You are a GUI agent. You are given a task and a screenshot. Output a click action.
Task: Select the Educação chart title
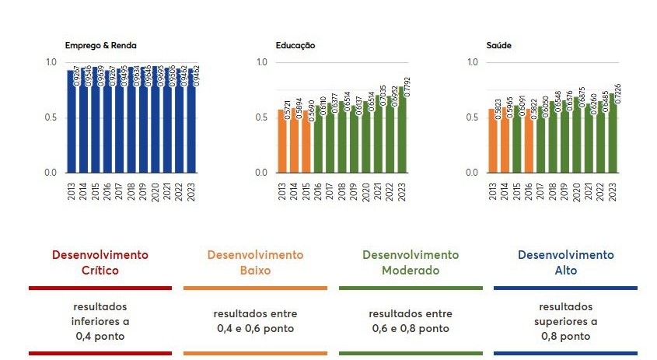295,45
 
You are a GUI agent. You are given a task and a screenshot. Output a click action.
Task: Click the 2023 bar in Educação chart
402,136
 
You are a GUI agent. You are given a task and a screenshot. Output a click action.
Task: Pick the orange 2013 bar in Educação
281,142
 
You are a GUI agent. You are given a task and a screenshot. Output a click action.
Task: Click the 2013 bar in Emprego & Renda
71,121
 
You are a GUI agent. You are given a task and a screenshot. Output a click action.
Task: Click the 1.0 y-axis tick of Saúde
472,63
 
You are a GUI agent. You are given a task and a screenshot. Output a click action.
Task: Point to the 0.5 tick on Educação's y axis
261,118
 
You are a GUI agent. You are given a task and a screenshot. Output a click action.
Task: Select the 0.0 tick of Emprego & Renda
51,173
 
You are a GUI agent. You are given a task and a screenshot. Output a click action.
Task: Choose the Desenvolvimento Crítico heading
100,263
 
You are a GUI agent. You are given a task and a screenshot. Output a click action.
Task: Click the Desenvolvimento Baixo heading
255,263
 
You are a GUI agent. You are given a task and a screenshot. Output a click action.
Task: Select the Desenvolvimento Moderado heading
411,263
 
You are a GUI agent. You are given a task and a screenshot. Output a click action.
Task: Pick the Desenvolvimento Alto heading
565,263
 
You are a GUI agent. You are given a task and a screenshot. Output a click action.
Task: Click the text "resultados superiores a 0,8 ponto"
565,322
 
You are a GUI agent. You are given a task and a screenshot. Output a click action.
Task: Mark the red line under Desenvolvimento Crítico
100,288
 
